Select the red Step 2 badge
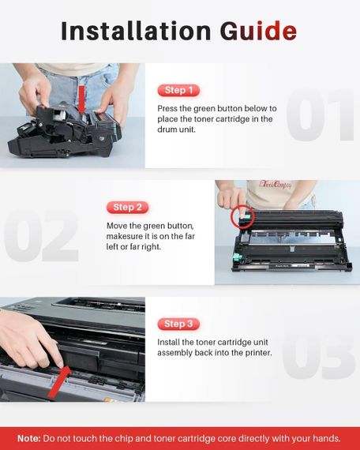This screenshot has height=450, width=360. tap(128, 207)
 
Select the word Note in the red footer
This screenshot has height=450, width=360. tap(29, 437)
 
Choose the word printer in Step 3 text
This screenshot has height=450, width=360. tap(253, 352)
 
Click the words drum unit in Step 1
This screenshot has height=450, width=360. tap(181, 131)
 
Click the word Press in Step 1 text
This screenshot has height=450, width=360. tap(171, 108)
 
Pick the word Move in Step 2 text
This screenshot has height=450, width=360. tap(118, 226)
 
